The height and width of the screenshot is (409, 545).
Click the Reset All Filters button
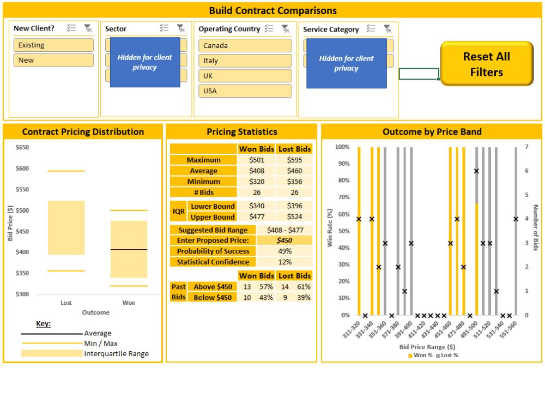tap(487, 64)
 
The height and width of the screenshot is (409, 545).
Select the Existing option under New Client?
tap(53, 45)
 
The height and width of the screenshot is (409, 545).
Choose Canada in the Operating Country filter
tap(245, 46)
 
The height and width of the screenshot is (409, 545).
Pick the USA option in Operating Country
tap(245, 91)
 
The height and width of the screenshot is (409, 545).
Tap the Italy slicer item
tap(245, 61)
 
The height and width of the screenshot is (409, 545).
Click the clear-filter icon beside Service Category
tap(387, 29)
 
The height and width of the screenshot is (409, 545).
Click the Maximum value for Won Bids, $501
tap(257, 160)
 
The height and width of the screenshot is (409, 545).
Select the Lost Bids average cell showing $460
tap(294, 171)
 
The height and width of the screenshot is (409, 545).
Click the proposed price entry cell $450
tap(284, 240)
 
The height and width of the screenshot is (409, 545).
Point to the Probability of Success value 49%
tap(284, 251)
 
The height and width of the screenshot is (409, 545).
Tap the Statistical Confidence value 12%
tap(284, 262)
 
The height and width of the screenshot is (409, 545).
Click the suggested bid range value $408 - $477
tap(284, 230)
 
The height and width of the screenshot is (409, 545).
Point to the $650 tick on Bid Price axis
tap(22, 147)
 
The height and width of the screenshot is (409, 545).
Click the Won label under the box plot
tap(129, 303)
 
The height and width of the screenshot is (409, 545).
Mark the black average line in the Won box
tap(129, 249)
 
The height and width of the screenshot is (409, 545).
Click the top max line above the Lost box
tap(66, 171)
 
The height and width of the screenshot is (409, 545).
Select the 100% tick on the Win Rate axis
tap(342, 147)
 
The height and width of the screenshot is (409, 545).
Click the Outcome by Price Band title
tap(432, 131)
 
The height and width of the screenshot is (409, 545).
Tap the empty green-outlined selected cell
tap(419, 74)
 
